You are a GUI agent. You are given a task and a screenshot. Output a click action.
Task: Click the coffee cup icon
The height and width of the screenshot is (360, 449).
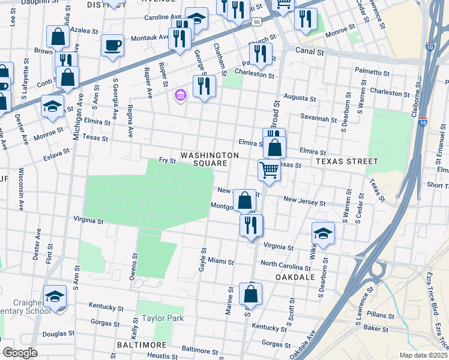[x=112, y=45]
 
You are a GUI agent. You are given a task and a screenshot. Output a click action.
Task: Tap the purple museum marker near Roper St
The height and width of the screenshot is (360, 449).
[x=180, y=95]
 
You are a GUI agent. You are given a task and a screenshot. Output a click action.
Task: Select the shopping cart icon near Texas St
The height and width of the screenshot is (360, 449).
[x=270, y=170]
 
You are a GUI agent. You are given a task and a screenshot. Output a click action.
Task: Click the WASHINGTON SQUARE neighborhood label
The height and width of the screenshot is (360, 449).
[x=210, y=159]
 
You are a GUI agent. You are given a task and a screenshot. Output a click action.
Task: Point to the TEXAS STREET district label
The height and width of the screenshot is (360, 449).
[x=347, y=161]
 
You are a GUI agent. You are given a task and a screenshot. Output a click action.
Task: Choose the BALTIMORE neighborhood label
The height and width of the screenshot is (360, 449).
[x=141, y=346]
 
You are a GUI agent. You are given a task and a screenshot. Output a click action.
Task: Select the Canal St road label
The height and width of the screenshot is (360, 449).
[x=310, y=52]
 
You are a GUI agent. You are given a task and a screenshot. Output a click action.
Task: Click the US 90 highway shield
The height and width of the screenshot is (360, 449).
[x=257, y=22]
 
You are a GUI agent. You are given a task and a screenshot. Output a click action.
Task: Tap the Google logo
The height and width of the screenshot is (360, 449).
[x=20, y=353]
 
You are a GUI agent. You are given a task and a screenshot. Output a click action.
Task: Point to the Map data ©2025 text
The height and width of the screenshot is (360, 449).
[x=423, y=355]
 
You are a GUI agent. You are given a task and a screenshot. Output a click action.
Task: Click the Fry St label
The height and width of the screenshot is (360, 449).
[x=167, y=161]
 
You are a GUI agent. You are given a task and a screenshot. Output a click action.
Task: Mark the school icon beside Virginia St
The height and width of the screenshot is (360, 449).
[x=323, y=233]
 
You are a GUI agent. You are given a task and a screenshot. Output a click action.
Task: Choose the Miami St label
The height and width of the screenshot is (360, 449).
[x=221, y=262]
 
